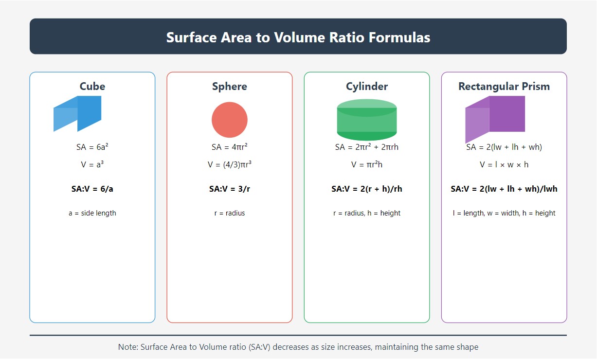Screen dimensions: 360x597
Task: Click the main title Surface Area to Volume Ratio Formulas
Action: [298, 37]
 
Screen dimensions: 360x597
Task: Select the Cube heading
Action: [92, 87]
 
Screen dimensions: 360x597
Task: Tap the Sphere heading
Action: [230, 87]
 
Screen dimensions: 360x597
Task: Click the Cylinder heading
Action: [367, 87]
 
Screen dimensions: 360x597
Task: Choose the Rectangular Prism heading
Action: [504, 87]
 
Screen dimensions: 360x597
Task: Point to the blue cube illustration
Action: [78, 114]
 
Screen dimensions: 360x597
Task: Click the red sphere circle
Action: [230, 120]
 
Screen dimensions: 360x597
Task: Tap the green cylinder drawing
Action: [367, 120]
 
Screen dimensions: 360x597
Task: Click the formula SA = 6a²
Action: [92, 147]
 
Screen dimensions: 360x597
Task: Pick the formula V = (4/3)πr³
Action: [230, 164]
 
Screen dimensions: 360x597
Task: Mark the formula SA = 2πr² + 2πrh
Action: [367, 147]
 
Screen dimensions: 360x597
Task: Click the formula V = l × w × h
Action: [504, 164]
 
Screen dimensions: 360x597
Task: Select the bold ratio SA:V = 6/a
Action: [92, 189]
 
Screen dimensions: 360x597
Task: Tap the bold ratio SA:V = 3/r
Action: [230, 189]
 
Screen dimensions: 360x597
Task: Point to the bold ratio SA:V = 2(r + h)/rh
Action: [367, 189]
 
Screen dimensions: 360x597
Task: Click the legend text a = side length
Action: [92, 213]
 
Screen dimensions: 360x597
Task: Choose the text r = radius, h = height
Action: [367, 213]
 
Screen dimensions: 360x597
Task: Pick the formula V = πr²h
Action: [367, 164]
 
